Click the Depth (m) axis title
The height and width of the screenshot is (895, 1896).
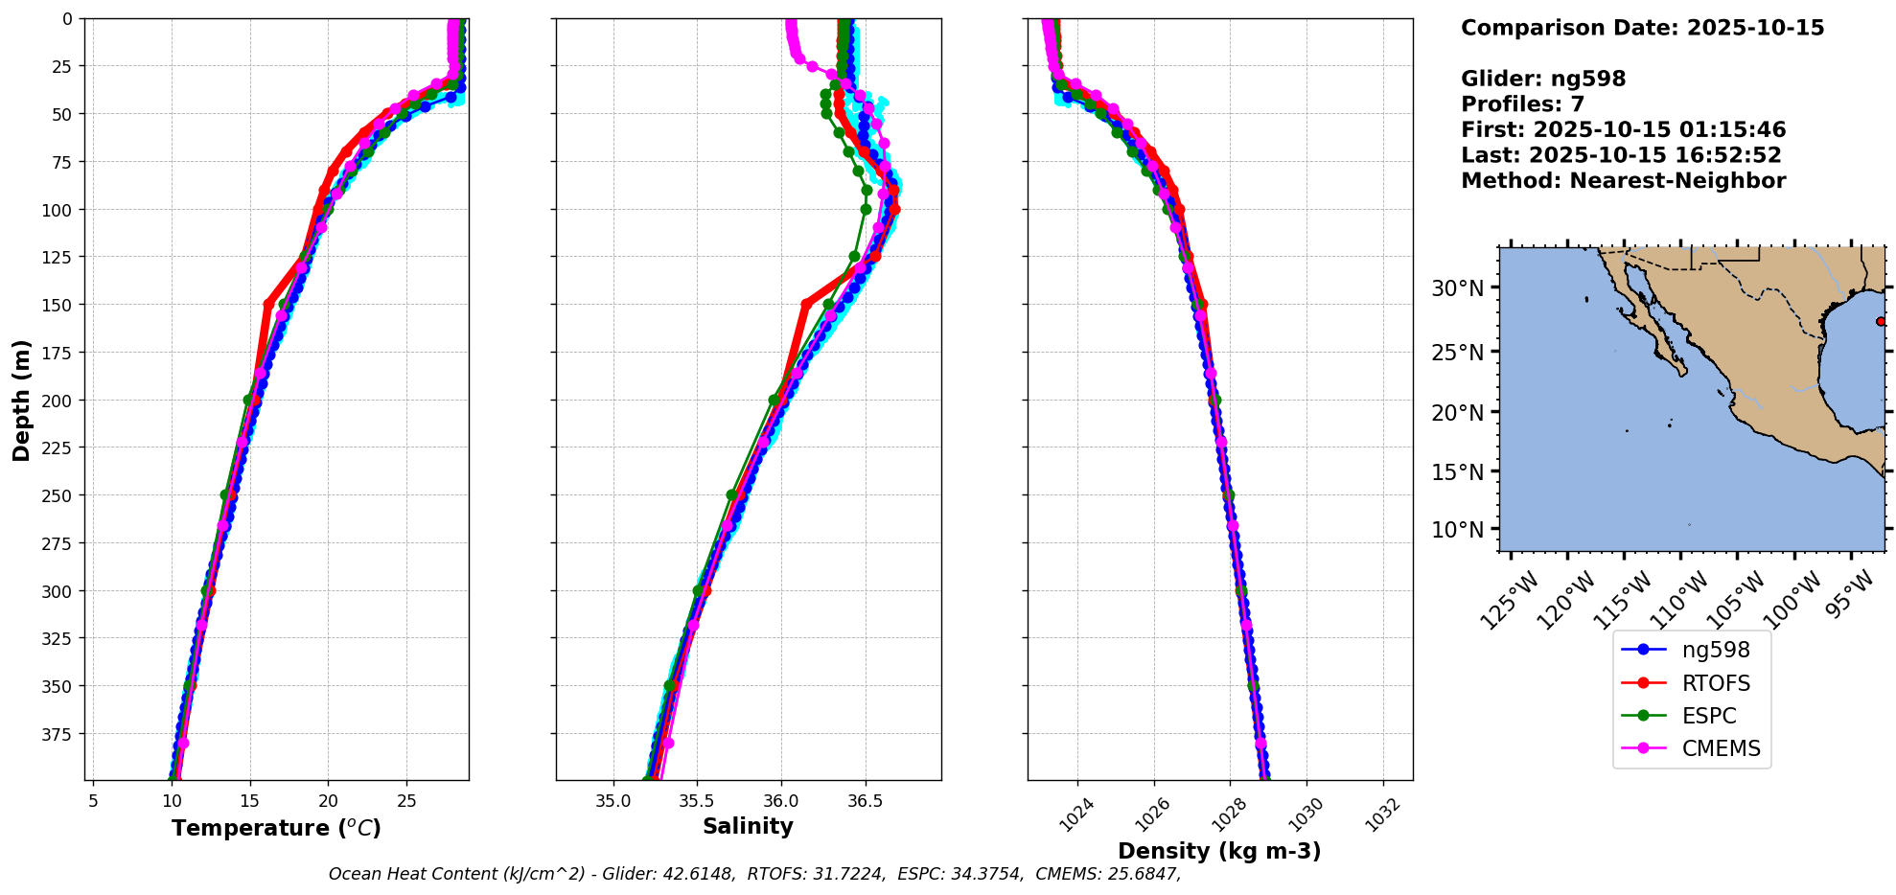click(x=21, y=400)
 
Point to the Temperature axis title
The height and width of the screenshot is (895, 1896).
click(x=276, y=828)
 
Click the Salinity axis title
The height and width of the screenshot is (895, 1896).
click(x=748, y=826)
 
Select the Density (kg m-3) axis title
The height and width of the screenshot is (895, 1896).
click(x=1219, y=851)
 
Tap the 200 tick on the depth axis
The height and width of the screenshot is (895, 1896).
click(x=58, y=401)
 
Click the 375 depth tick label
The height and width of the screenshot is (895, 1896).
click(x=58, y=734)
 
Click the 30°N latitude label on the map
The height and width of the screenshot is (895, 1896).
click(x=1457, y=288)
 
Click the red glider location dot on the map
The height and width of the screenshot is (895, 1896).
click(x=1880, y=321)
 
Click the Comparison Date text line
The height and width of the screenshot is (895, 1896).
click(x=1642, y=28)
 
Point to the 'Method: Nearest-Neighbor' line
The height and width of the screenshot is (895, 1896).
click(x=1623, y=181)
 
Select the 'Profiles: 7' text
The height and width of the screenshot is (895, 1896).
click(x=1522, y=104)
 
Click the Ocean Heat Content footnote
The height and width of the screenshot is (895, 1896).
click(x=754, y=874)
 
